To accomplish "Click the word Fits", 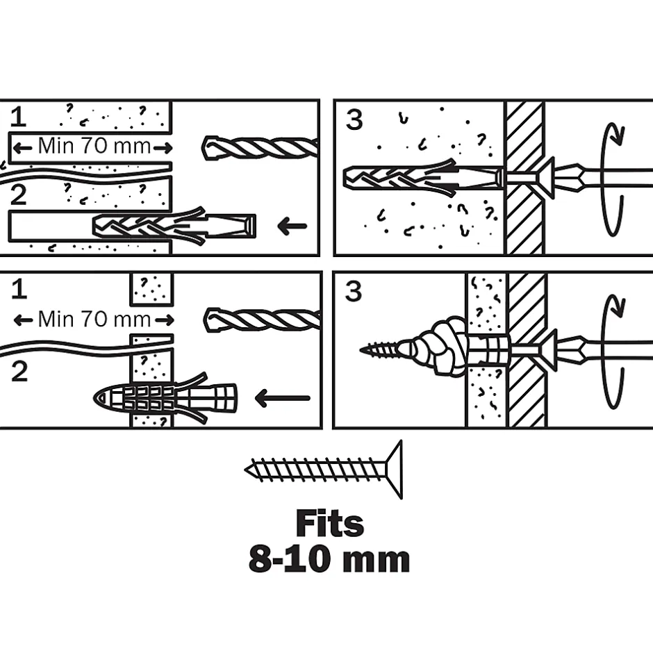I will [x=329, y=524].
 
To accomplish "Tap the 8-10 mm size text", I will [x=329, y=560].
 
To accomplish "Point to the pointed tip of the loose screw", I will [x=249, y=470].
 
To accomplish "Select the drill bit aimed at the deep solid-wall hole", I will [x=260, y=147].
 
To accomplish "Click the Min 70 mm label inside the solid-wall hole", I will [x=92, y=147].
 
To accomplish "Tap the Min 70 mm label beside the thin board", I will [x=94, y=320].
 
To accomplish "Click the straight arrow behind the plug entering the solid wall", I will [x=291, y=225].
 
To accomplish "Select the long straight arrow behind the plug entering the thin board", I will [x=282, y=399].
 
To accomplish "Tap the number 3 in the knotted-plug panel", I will [x=354, y=292].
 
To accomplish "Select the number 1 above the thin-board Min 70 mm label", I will [x=19, y=289].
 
